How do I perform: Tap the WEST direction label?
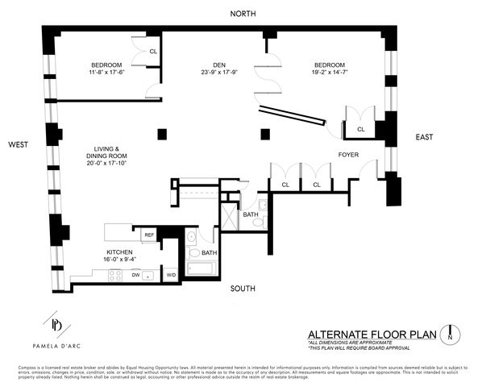click(x=20, y=144)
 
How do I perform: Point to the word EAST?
click(x=426, y=137)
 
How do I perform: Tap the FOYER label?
click(x=348, y=154)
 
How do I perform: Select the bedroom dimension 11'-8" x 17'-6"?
click(x=106, y=72)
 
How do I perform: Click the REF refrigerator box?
click(x=148, y=235)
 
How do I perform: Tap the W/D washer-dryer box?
click(x=171, y=274)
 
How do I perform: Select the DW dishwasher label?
click(x=136, y=274)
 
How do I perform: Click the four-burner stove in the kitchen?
click(x=114, y=274)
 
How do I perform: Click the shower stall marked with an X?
click(x=230, y=216)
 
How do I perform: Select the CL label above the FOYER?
click(x=360, y=128)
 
